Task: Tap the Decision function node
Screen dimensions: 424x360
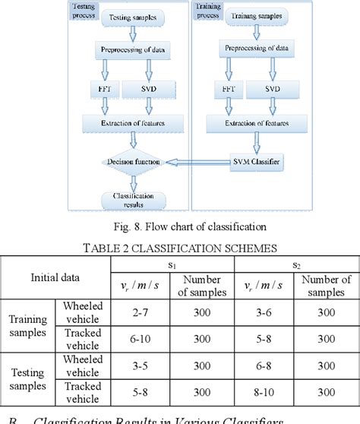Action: (x=132, y=162)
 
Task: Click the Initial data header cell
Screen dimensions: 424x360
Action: (x=57, y=278)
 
